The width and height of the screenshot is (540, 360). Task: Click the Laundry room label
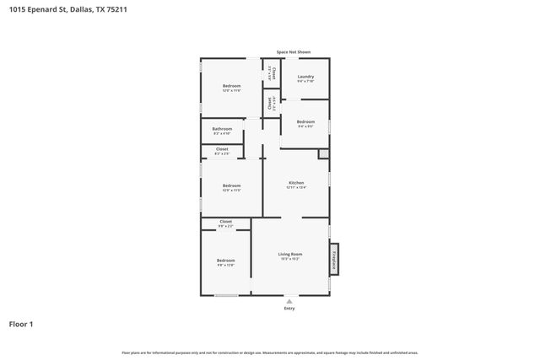[x=305, y=76]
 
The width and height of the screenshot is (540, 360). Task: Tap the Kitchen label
[x=296, y=182]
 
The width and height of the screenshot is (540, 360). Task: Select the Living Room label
[x=290, y=254]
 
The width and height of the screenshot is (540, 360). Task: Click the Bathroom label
[x=222, y=128]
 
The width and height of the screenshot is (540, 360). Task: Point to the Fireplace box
[x=335, y=261]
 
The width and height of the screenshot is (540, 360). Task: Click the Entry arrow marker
[x=289, y=300]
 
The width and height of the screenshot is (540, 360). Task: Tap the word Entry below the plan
[x=289, y=309]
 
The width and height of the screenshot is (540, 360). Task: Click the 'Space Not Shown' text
[x=293, y=51]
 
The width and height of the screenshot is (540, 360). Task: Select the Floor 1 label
[x=21, y=324]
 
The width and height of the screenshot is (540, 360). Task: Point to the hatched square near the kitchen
[x=323, y=153]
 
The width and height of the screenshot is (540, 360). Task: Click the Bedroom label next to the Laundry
[x=305, y=121]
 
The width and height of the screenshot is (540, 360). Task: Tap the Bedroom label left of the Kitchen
[x=231, y=185]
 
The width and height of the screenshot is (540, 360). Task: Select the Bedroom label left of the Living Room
[x=225, y=261]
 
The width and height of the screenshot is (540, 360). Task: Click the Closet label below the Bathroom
[x=222, y=149]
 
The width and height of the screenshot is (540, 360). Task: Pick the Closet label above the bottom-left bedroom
[x=226, y=222]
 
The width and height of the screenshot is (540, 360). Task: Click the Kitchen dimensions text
[x=296, y=187]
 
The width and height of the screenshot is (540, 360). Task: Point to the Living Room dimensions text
[x=290, y=259]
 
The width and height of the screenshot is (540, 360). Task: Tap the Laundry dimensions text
[x=305, y=81]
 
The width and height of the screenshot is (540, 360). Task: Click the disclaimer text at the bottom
[x=270, y=352]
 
